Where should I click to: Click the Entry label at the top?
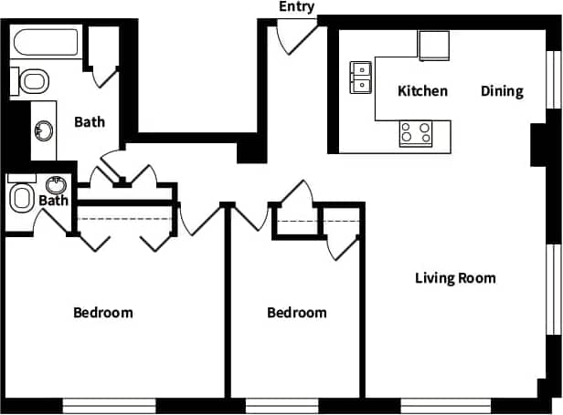(297, 7)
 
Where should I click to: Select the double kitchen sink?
(362, 78)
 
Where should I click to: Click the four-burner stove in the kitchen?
(416, 133)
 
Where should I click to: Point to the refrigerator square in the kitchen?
(434, 45)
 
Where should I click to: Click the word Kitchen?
(422, 91)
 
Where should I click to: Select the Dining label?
(502, 91)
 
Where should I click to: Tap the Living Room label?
(455, 278)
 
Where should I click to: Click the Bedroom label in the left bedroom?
(102, 313)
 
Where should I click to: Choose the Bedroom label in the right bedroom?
(296, 313)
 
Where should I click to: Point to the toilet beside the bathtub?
(33, 82)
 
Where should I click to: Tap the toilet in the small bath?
(21, 197)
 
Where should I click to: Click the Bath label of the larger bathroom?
(90, 121)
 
